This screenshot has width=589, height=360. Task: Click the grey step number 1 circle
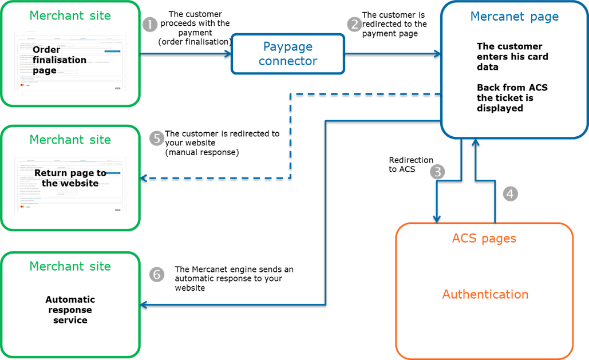149,25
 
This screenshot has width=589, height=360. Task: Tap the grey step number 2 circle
355,24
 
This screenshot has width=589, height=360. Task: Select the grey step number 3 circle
437,171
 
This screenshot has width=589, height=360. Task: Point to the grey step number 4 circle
511,193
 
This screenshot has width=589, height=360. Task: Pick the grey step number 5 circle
156,138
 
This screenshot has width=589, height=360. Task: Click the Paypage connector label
288,54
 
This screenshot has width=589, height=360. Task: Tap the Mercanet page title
514,17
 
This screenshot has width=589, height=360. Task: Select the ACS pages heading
484,238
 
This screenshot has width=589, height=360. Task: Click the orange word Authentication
485,294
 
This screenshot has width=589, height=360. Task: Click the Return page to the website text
70,178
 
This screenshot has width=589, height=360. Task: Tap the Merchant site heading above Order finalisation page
70,15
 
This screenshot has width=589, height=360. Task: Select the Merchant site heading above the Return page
70,140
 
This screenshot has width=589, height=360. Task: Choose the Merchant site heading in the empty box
70,266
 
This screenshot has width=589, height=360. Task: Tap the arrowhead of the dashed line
144,179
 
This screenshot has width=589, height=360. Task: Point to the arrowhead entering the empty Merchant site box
144,304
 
